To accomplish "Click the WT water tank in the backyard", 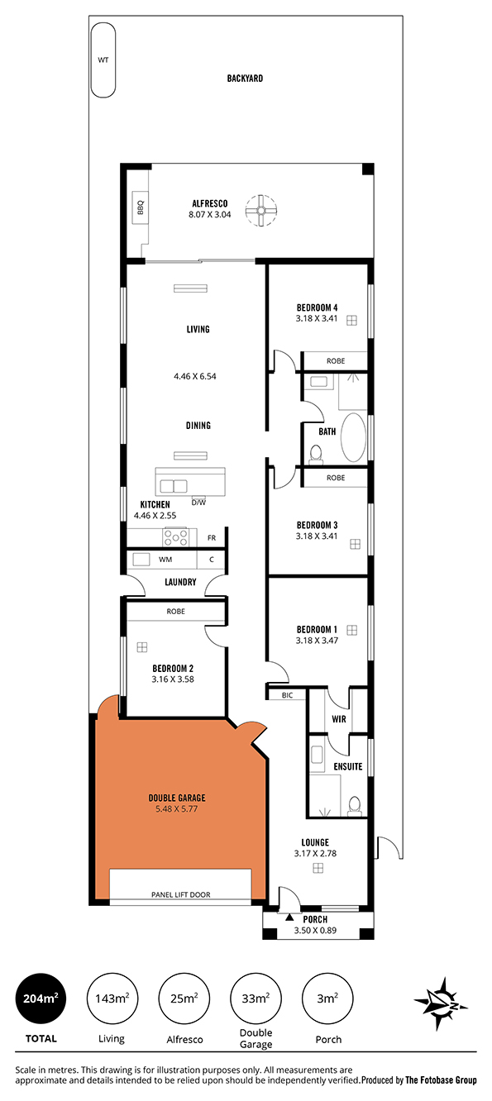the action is (x=103, y=60).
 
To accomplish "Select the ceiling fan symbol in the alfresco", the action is (x=261, y=211).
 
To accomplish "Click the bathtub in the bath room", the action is (x=353, y=437).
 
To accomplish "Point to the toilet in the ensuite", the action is (x=354, y=804).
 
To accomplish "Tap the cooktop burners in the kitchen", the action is (x=175, y=536).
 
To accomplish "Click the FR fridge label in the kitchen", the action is (x=212, y=538).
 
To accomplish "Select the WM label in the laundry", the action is (x=165, y=560).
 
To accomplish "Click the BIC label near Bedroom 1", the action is (x=288, y=695).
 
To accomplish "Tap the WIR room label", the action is (x=339, y=719).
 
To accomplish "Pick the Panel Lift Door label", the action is (x=181, y=894).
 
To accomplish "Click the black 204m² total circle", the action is (x=41, y=999).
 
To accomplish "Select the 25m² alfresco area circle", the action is (x=184, y=999).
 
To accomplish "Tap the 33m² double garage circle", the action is (x=256, y=999).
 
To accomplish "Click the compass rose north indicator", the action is (x=441, y=1003).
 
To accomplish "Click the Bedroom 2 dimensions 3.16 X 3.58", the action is (x=173, y=679).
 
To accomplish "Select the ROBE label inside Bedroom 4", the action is (x=336, y=360).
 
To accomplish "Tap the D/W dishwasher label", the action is (x=198, y=503).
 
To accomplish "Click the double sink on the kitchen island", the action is (x=173, y=486).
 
